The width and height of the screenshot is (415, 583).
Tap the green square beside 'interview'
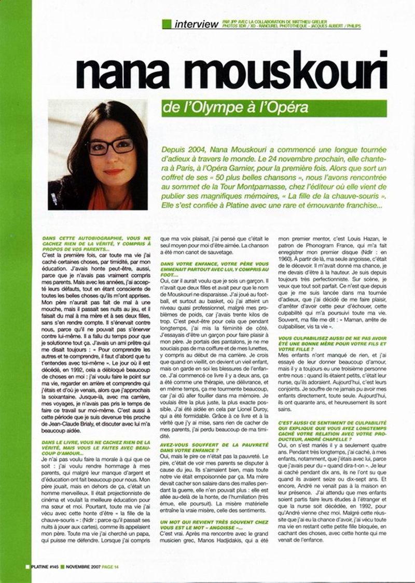tap(167, 24)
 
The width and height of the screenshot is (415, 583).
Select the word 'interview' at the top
tap(197, 24)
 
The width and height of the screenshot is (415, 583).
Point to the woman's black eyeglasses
tap(110, 146)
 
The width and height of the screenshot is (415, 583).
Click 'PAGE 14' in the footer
tap(109, 566)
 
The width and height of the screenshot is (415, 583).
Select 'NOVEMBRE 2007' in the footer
tap(82, 566)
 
